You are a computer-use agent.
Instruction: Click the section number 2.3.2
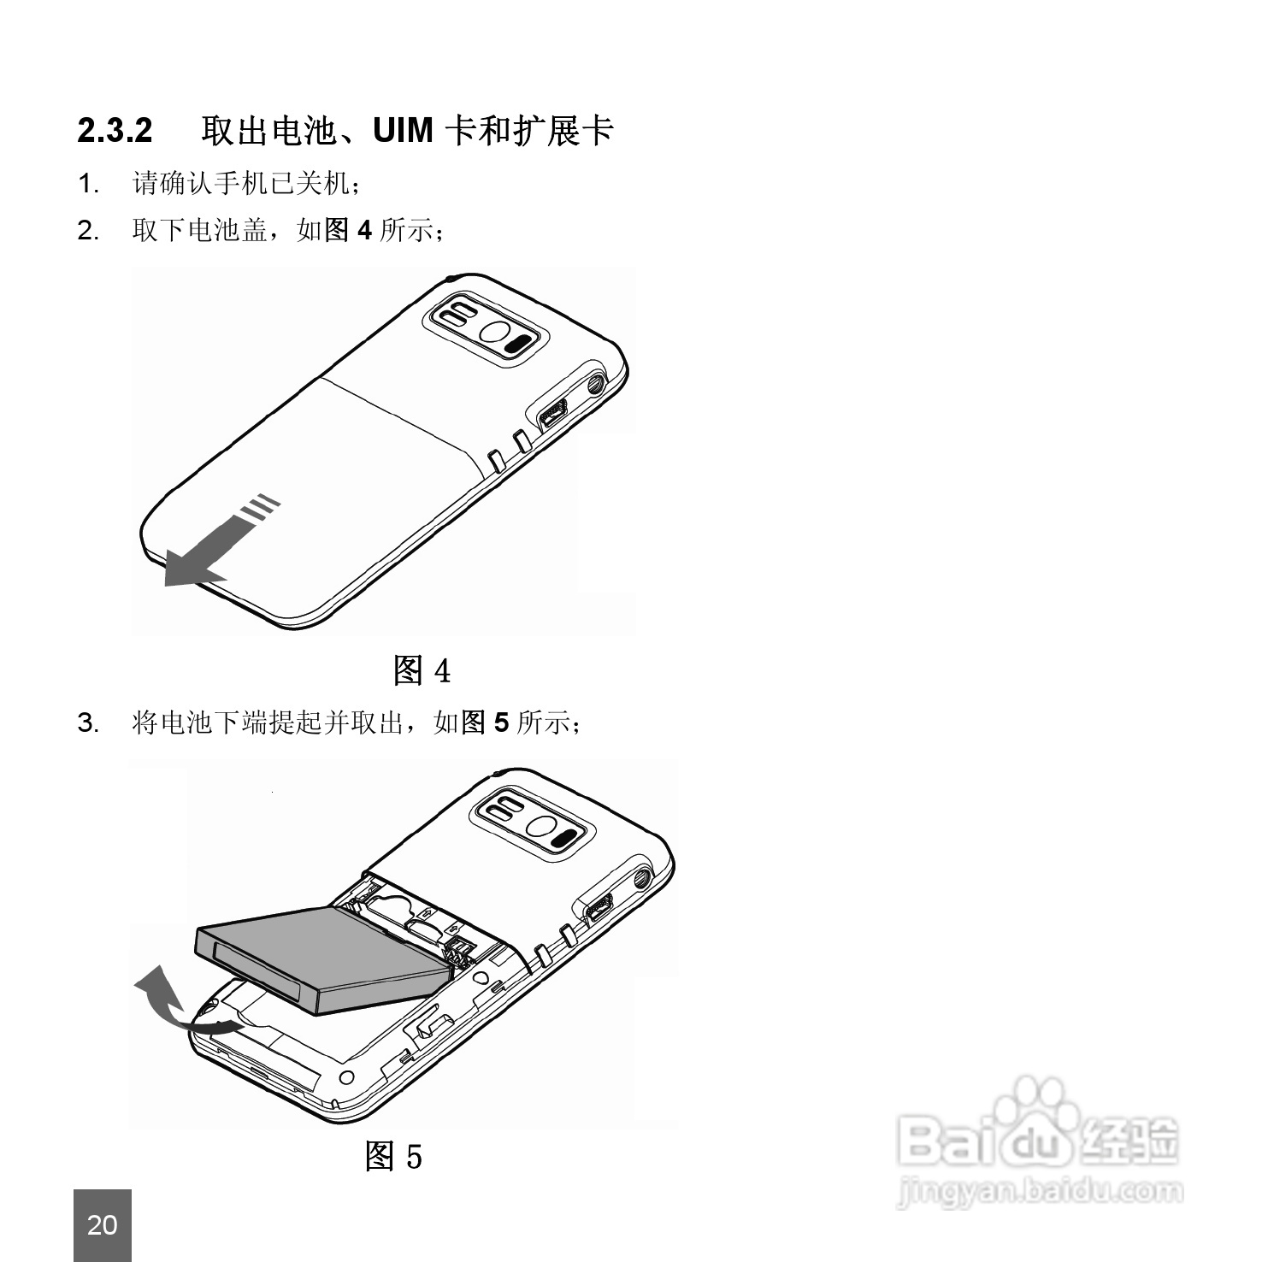(x=115, y=131)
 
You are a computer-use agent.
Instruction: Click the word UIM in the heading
(x=404, y=131)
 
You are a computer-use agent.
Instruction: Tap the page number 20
(x=103, y=1224)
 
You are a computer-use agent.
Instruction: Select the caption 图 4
(x=422, y=670)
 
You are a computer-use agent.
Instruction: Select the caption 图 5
(x=393, y=1156)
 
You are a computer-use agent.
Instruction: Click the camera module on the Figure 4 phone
(x=486, y=328)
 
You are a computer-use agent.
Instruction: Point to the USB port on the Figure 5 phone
(x=599, y=909)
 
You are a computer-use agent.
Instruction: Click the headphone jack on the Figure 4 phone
(x=596, y=384)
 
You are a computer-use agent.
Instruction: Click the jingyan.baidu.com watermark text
(x=1040, y=1190)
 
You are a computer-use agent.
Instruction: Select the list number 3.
(x=88, y=723)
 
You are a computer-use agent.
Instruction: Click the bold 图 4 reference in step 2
(x=347, y=229)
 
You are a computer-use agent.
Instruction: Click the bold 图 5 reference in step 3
(x=485, y=723)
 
